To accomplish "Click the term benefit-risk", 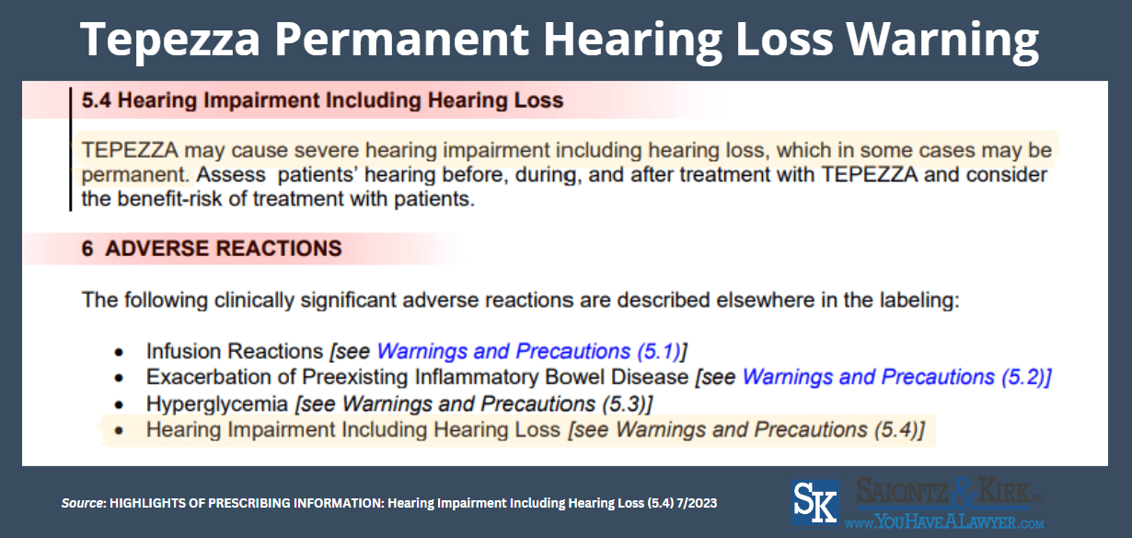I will (x=159, y=198).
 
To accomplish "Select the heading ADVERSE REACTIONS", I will (x=223, y=249).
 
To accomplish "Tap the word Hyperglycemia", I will (x=218, y=403).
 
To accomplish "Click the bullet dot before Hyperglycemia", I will (x=118, y=404).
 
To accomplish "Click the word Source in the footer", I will (x=81, y=504).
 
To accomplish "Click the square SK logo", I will (x=815, y=502).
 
